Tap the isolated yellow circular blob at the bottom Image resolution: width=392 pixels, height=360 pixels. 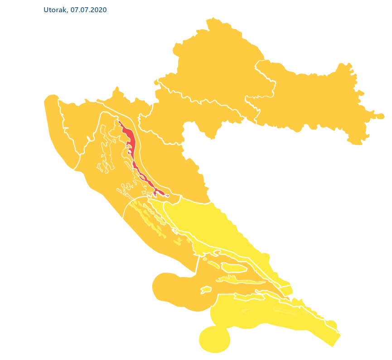(x=214, y=339)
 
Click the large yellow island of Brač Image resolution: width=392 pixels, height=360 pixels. (x=233, y=268)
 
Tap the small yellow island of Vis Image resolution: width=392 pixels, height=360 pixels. (x=206, y=289)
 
